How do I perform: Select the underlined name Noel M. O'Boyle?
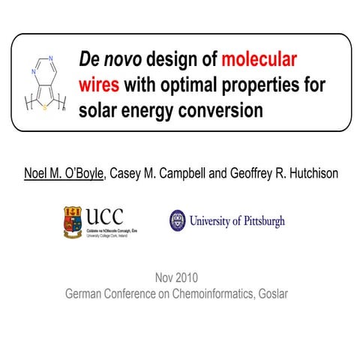64,173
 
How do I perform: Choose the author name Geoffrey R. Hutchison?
277,173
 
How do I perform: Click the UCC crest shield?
75,222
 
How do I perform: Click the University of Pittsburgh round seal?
177,220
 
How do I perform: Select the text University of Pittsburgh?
237,221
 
